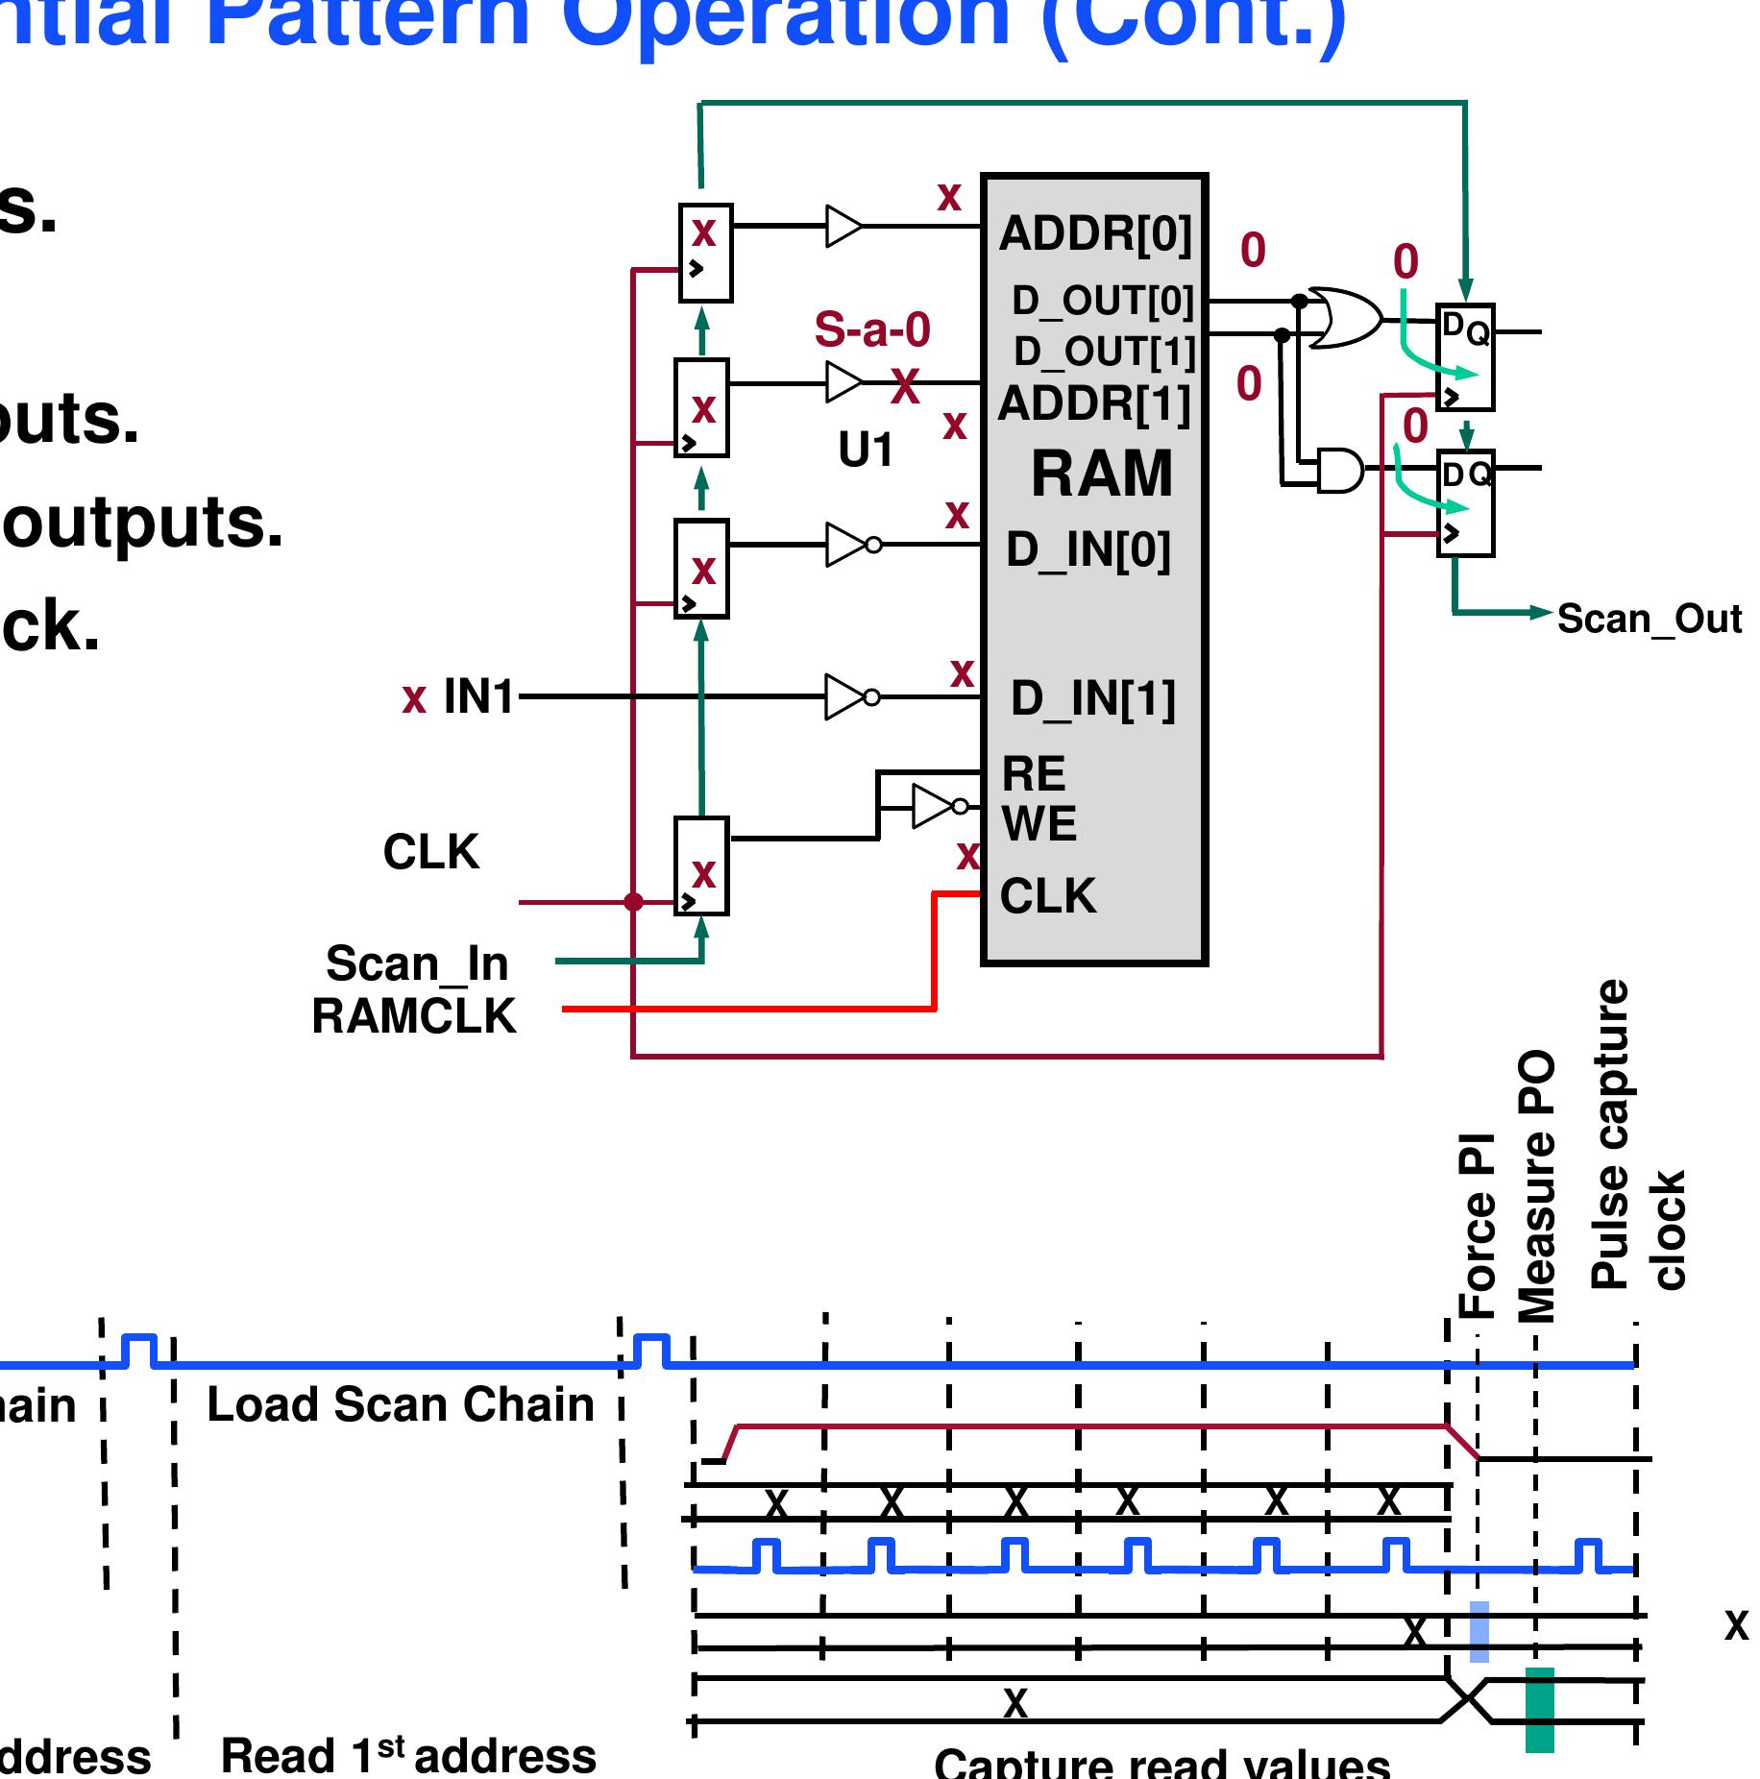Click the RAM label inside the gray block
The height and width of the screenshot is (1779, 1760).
[1101, 474]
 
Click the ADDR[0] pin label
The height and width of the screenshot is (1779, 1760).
[1094, 233]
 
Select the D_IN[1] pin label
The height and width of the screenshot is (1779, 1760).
[1092, 698]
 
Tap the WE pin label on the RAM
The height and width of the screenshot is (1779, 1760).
[1039, 824]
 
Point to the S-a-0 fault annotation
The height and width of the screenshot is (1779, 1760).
[872, 330]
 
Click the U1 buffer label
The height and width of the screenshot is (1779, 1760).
[866, 450]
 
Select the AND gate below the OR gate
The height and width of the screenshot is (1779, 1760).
[1339, 469]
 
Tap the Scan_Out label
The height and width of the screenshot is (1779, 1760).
[1649, 620]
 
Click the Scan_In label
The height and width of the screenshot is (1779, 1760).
[417, 963]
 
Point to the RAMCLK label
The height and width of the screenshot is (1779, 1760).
[413, 1016]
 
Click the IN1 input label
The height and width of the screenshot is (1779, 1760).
[478, 696]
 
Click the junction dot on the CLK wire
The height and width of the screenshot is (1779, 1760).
[633, 902]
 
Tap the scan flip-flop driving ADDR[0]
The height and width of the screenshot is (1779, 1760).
[705, 253]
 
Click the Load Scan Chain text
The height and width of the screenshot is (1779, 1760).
[401, 1404]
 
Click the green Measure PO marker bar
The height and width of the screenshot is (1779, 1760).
[1539, 1709]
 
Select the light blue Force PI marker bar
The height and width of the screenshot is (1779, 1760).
[1479, 1631]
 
